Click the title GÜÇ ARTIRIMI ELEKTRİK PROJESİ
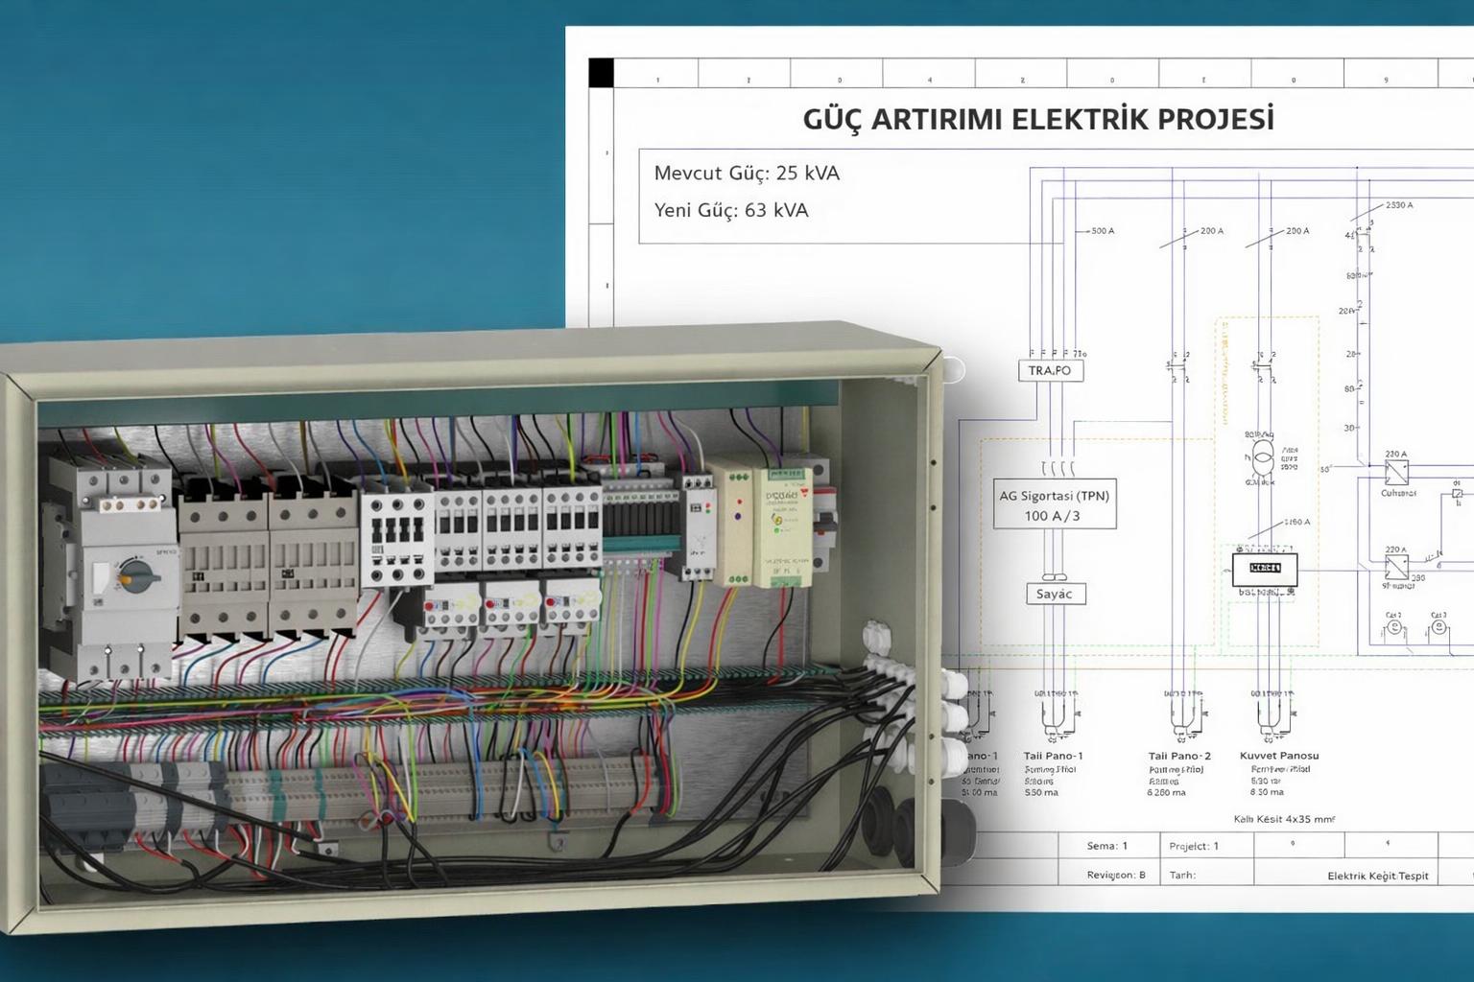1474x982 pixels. (1038, 119)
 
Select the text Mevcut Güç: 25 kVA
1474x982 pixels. (747, 174)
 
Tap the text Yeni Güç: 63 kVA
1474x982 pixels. (731, 210)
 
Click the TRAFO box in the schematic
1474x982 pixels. (1050, 370)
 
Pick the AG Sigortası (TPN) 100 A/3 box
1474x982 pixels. (1054, 505)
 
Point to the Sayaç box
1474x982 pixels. (1054, 594)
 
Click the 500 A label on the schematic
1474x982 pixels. (1103, 231)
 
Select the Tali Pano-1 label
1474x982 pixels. (1053, 756)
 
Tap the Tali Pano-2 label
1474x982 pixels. (1179, 756)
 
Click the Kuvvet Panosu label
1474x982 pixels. (1278, 756)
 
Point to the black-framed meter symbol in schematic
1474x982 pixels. (1265, 569)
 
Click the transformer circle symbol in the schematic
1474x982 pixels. (1263, 456)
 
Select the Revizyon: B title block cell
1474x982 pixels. (1115, 875)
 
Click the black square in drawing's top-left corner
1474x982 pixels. (601, 73)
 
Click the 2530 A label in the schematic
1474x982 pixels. (1398, 205)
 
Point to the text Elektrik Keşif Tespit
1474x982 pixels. (1377, 876)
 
